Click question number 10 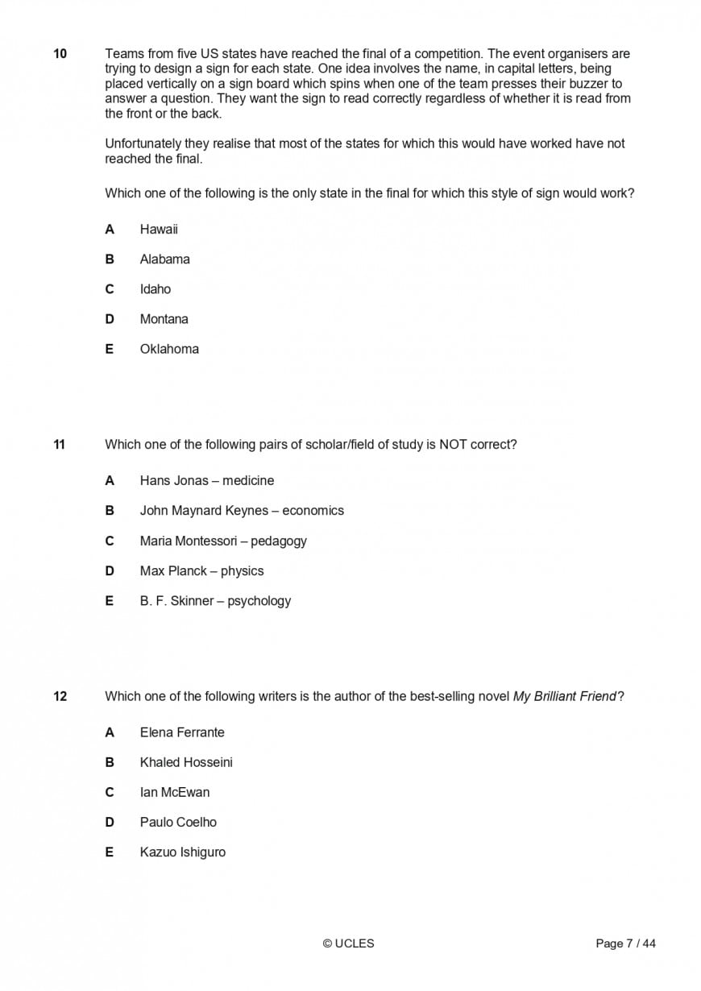click(x=60, y=54)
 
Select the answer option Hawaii click(x=159, y=230)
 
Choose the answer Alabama click(x=164, y=259)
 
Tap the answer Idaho click(x=155, y=289)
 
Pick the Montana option click(x=164, y=319)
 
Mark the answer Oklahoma click(x=169, y=349)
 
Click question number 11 click(x=60, y=445)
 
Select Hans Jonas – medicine click(x=206, y=481)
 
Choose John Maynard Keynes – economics click(x=242, y=511)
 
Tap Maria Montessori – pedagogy click(x=223, y=541)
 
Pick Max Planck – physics click(x=201, y=571)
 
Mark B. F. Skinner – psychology click(x=215, y=601)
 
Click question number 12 click(x=60, y=696)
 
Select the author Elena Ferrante click(x=182, y=732)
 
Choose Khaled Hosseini click(x=186, y=762)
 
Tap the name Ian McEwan click(x=174, y=792)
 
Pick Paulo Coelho click(x=178, y=822)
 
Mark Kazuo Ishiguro click(x=182, y=852)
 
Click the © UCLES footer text click(x=348, y=943)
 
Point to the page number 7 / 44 click(x=625, y=943)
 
